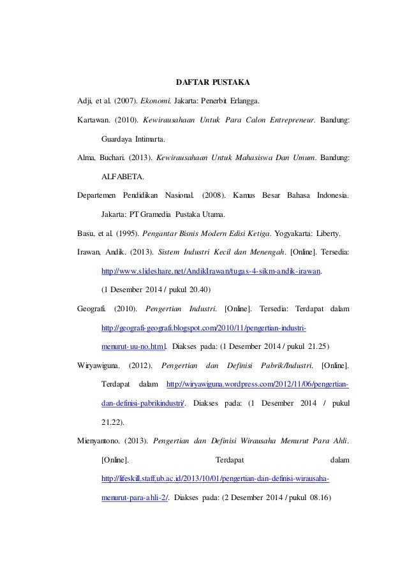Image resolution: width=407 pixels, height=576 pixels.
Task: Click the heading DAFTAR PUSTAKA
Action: (212, 82)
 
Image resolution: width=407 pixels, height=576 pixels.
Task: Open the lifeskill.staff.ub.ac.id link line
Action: (216, 478)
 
